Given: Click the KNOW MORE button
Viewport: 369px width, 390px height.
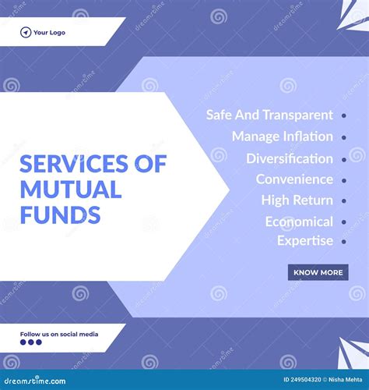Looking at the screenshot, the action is [318, 272].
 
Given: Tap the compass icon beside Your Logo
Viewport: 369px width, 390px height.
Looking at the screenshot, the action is [26, 33].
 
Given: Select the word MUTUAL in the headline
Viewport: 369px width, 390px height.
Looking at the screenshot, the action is [71, 189].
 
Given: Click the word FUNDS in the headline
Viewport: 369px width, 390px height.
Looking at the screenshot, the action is [60, 214].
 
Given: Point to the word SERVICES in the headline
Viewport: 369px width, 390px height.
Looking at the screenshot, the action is [74, 164].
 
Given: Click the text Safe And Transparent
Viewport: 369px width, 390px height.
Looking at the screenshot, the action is [269, 115].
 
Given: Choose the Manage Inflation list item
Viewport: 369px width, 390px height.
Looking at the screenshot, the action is [283, 136].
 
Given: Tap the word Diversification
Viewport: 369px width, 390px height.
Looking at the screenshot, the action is [290, 158].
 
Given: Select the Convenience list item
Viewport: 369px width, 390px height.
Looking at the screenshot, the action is [294, 179].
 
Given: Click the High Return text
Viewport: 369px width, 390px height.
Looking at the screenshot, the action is [297, 200].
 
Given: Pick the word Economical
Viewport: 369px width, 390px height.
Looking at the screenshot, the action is [299, 222].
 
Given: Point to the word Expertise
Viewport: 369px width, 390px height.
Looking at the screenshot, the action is [305, 241].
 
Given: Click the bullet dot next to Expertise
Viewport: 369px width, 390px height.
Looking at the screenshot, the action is [344, 242].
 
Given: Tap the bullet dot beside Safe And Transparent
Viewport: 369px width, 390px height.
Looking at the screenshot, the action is [344, 115].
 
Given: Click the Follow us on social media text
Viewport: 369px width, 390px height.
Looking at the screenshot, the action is [59, 334].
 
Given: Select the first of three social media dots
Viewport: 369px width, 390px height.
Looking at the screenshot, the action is [23, 342].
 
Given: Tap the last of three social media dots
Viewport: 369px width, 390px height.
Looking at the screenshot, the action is [39, 342].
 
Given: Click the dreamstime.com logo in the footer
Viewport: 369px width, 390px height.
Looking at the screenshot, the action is [35, 381].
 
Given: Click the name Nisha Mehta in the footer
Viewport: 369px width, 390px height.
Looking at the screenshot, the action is [345, 380].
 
